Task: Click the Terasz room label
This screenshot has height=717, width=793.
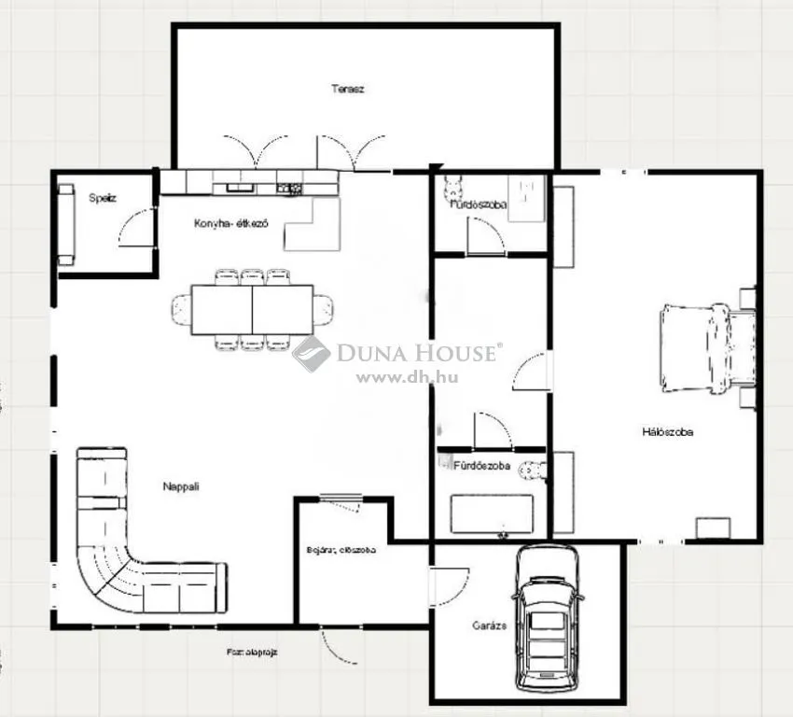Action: point(347,90)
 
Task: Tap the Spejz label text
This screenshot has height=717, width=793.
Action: point(103,198)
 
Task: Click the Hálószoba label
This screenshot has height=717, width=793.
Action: point(667,431)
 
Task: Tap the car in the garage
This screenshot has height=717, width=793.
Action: point(549,614)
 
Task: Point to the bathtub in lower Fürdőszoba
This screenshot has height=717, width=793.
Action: point(492,513)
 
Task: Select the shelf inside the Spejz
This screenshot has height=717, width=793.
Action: point(66,225)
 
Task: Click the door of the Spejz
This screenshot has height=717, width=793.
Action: point(135,229)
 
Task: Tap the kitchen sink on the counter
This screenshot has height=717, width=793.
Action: point(239,189)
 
